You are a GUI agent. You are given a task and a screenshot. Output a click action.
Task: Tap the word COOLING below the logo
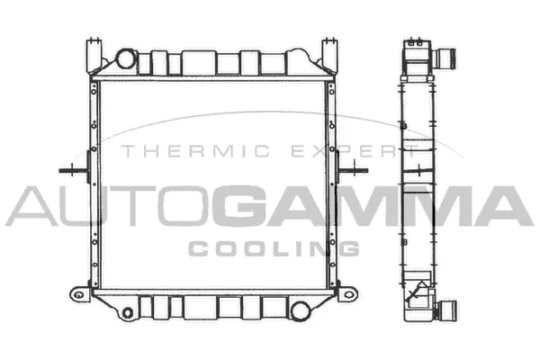click(274, 247)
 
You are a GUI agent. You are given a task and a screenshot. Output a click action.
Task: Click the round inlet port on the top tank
click(125, 60)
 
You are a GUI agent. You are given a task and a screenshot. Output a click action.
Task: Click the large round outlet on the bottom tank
click(297, 310)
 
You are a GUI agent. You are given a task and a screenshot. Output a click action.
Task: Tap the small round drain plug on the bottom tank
click(131, 312)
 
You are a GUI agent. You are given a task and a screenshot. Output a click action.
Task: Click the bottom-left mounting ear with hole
click(79, 295)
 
